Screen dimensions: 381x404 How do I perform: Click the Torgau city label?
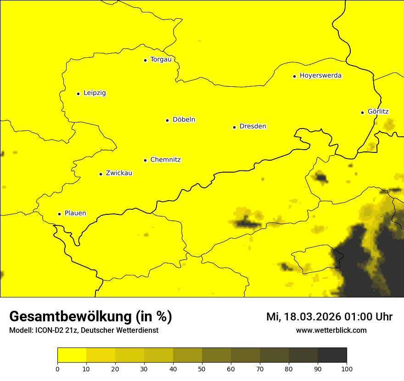click(161, 59)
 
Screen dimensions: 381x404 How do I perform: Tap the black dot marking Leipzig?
click(78, 94)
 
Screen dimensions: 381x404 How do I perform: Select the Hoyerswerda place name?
click(320, 75)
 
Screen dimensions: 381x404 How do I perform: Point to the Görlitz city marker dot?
click(362, 112)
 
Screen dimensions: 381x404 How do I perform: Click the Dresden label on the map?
click(252, 126)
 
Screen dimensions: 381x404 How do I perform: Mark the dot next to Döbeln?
click(167, 120)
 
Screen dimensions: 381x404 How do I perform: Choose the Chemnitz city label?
click(165, 160)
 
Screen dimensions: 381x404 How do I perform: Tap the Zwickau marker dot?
click(101, 174)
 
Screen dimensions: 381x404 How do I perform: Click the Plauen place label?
click(75, 213)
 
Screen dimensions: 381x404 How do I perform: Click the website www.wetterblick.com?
click(331, 330)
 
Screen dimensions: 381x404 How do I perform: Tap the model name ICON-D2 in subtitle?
click(50, 330)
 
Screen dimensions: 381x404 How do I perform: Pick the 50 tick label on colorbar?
click(202, 369)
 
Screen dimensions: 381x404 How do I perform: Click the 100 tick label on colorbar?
click(347, 369)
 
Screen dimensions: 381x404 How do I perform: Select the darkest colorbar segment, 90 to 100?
click(332, 355)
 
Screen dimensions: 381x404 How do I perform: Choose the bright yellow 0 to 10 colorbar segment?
click(72, 355)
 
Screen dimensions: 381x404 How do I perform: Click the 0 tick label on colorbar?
click(57, 369)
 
